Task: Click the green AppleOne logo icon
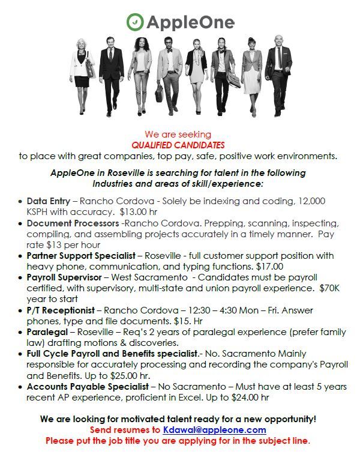(x=135, y=22)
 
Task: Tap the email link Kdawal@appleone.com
(x=214, y=430)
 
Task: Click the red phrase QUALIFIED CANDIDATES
(x=178, y=145)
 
